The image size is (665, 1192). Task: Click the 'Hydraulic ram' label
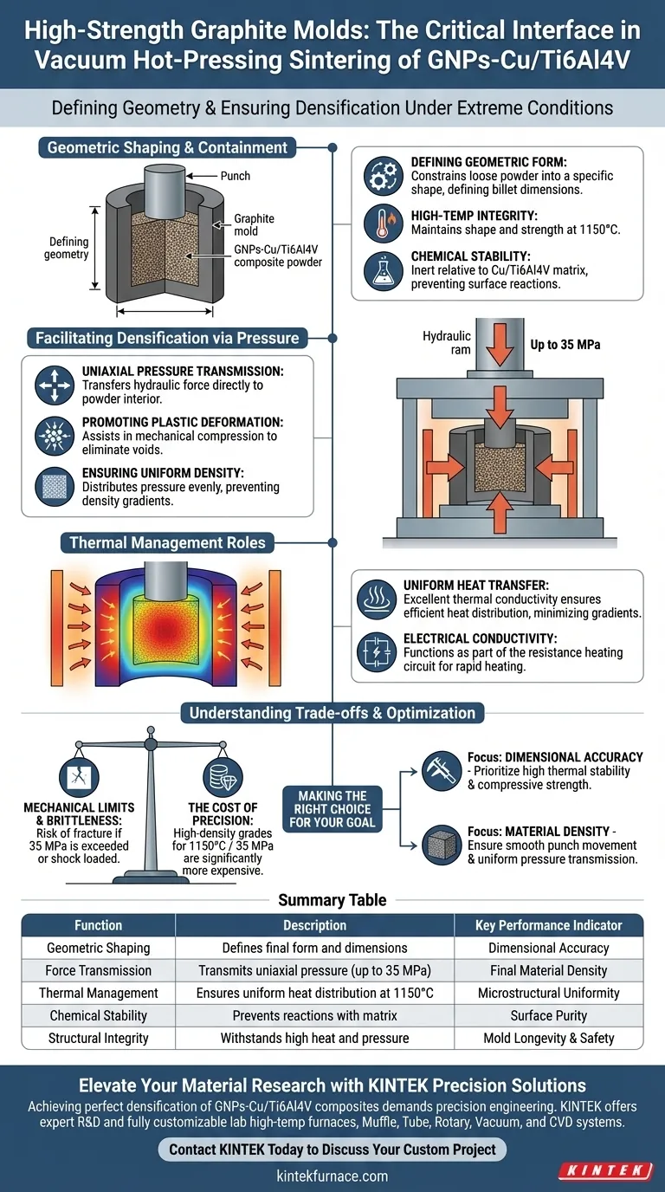point(447,342)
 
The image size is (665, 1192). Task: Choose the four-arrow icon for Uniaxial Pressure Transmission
point(55,385)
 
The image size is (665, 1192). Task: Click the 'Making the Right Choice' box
point(333,809)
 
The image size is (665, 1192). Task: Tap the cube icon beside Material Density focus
point(441,845)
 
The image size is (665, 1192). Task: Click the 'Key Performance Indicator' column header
point(549,925)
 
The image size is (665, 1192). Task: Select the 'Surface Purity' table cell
point(549,1015)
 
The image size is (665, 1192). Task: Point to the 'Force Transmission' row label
point(99,970)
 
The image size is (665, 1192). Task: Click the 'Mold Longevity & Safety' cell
point(549,1038)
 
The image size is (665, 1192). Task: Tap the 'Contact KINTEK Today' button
point(332,1150)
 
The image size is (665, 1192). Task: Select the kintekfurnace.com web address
point(332,1176)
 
